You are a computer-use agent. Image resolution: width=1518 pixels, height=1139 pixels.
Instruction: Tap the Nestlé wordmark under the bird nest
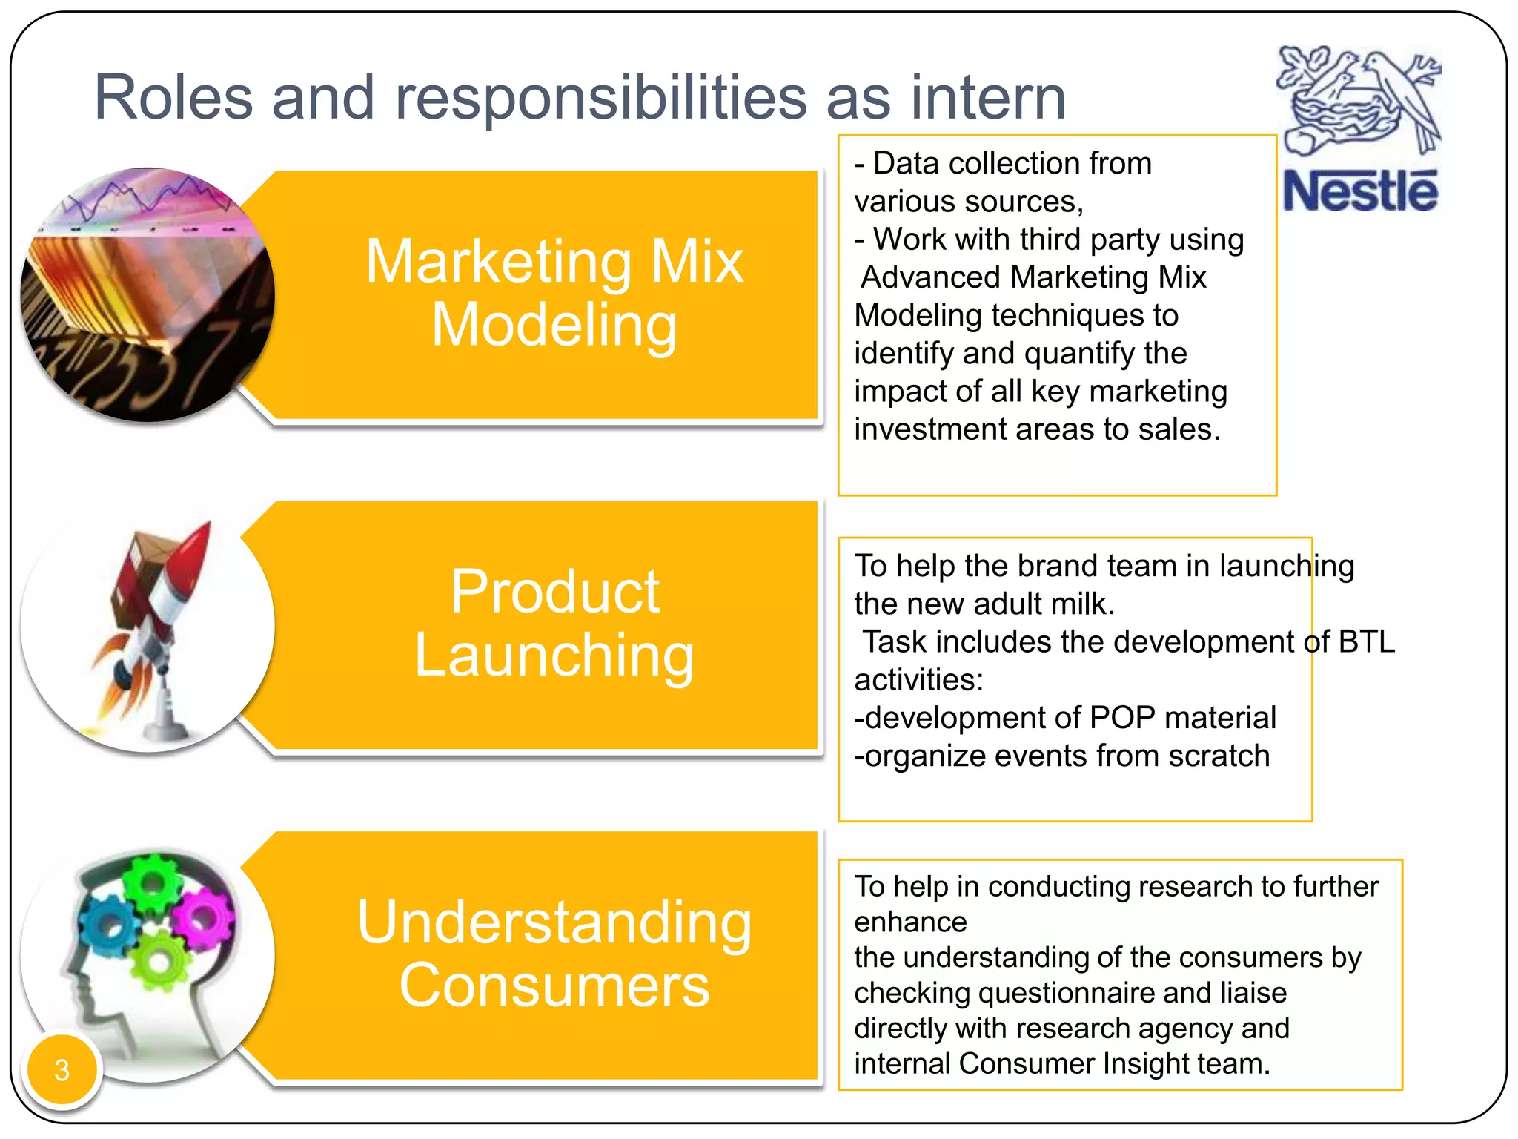1360,191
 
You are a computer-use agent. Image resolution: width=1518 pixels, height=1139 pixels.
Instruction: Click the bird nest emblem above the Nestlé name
1359,100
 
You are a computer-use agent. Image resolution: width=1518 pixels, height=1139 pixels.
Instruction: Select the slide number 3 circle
62,1069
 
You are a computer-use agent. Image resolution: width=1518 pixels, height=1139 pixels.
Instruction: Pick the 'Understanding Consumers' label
554,954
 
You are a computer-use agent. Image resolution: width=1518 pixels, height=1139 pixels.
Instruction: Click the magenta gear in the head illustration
202,920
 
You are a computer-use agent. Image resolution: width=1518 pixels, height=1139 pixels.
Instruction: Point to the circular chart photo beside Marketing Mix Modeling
148,294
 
